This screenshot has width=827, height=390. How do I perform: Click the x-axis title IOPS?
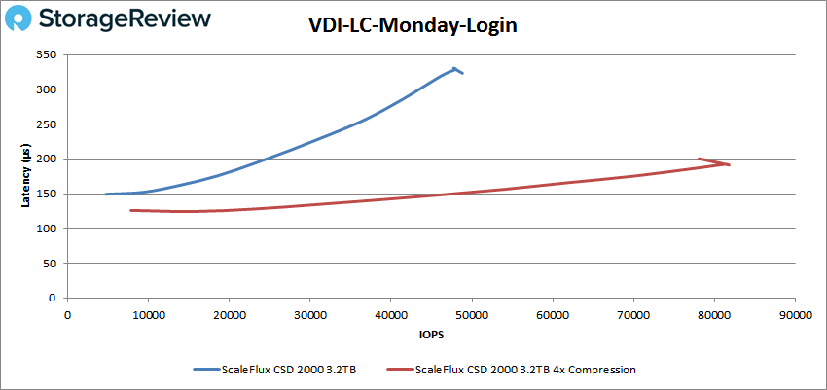coord(430,334)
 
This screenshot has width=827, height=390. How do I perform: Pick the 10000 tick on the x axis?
coord(149,314)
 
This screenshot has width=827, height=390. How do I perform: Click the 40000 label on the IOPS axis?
coord(391,314)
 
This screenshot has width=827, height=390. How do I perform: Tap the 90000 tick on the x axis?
coord(795,314)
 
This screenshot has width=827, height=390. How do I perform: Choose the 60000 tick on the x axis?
coord(553,314)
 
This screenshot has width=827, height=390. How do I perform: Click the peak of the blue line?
coord(454,68)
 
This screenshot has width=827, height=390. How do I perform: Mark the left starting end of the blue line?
coord(106,195)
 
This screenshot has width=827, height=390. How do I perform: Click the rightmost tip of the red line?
coord(730,164)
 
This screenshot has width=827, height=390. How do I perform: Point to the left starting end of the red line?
coord(131,210)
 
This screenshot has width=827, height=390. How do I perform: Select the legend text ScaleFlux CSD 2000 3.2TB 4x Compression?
coord(525,370)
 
